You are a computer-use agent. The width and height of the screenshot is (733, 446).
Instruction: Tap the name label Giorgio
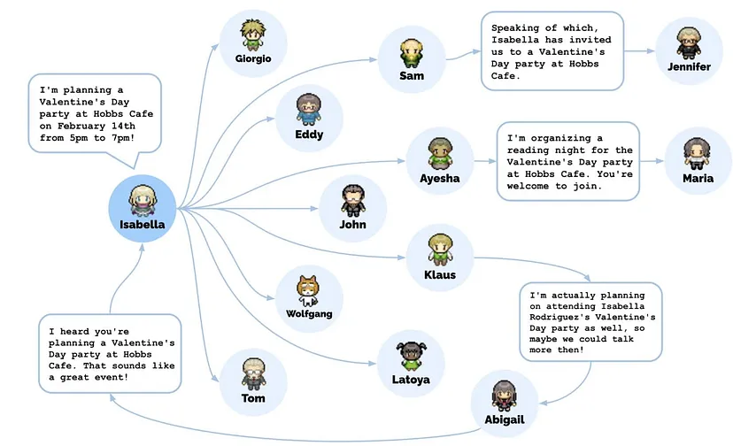click(253, 59)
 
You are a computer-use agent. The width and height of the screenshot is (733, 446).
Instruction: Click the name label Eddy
click(309, 135)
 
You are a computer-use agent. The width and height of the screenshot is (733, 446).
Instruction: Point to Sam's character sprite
click(410, 52)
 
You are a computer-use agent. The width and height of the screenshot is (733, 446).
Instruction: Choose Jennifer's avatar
click(689, 43)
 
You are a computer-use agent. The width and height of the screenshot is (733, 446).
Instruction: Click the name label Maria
click(698, 179)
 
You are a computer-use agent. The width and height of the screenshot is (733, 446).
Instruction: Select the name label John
click(352, 225)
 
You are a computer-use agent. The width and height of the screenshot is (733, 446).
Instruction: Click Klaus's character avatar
click(440, 250)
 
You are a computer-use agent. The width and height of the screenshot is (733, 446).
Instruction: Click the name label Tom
click(253, 398)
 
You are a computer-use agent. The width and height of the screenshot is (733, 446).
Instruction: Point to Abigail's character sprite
click(505, 394)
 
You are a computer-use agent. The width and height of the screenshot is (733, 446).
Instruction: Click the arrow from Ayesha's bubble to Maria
click(652, 161)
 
